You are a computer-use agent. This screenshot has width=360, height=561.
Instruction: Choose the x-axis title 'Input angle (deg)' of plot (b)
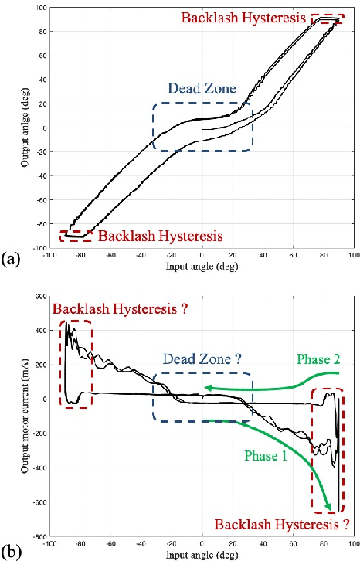pyautogui.click(x=201, y=555)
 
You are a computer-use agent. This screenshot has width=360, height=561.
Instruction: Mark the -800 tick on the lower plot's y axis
pyautogui.click(x=36, y=537)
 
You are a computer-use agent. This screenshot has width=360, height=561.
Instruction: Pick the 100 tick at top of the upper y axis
pyautogui.click(x=39, y=8)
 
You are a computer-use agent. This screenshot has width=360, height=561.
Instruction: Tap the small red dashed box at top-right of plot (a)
pyautogui.click(x=328, y=19)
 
